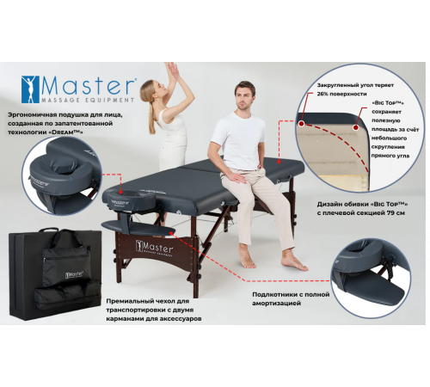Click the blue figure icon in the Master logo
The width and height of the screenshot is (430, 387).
(x=30, y=89)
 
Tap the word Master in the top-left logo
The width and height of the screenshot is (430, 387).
(x=88, y=85)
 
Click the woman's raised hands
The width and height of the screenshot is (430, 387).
(x=174, y=70)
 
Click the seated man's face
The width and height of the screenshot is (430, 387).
(x=243, y=95)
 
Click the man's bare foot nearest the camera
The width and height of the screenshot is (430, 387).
(x=295, y=262)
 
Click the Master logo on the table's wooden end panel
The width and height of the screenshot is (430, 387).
(x=154, y=247)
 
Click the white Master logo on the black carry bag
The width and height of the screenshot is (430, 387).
(x=74, y=274)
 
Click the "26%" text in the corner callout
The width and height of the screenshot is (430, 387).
(x=323, y=94)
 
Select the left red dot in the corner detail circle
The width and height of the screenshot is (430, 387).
(x=302, y=124)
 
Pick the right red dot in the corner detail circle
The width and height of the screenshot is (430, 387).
(x=356, y=128)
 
